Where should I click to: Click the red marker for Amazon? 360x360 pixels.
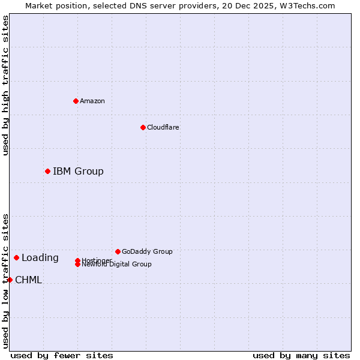(x=76, y=101)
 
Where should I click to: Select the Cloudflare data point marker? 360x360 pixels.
(x=143, y=127)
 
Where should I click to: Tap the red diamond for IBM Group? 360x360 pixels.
(x=47, y=171)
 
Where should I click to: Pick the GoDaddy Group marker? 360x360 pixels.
(x=118, y=251)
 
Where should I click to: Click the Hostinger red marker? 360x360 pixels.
(x=77, y=260)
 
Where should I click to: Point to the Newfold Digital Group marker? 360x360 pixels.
(x=77, y=265)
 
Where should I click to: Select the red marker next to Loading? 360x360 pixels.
(x=16, y=257)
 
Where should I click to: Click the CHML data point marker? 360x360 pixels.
(x=10, y=280)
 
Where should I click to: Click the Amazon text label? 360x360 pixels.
(x=92, y=101)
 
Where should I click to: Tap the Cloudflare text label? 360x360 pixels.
(x=163, y=127)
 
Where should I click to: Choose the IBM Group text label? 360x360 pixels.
(x=78, y=171)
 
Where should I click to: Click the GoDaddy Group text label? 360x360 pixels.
(x=147, y=251)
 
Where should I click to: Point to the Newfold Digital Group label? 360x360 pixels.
(x=117, y=265)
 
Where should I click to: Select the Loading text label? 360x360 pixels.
(x=40, y=258)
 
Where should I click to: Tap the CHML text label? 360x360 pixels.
(x=28, y=280)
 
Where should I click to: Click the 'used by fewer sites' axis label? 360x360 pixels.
(x=62, y=355)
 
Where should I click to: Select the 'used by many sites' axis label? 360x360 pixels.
(x=301, y=355)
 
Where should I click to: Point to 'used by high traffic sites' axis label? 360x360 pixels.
(x=5, y=85)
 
